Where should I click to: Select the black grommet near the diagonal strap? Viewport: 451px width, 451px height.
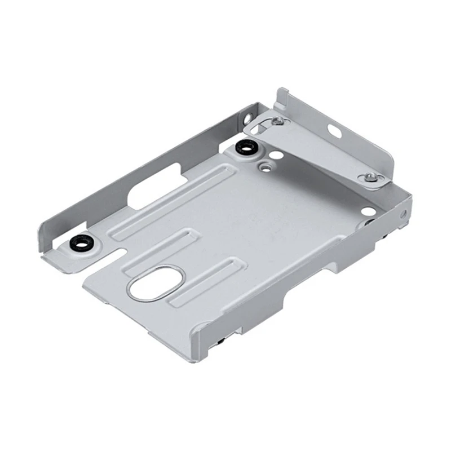click(x=245, y=148)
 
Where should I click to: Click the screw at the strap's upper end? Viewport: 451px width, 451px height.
click(x=276, y=121)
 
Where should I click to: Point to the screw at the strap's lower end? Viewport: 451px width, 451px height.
click(x=370, y=178)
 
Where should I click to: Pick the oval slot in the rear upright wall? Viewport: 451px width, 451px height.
click(x=334, y=130)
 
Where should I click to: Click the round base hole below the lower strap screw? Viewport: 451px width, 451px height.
click(x=367, y=211)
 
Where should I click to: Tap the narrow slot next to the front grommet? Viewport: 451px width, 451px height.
click(x=122, y=246)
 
